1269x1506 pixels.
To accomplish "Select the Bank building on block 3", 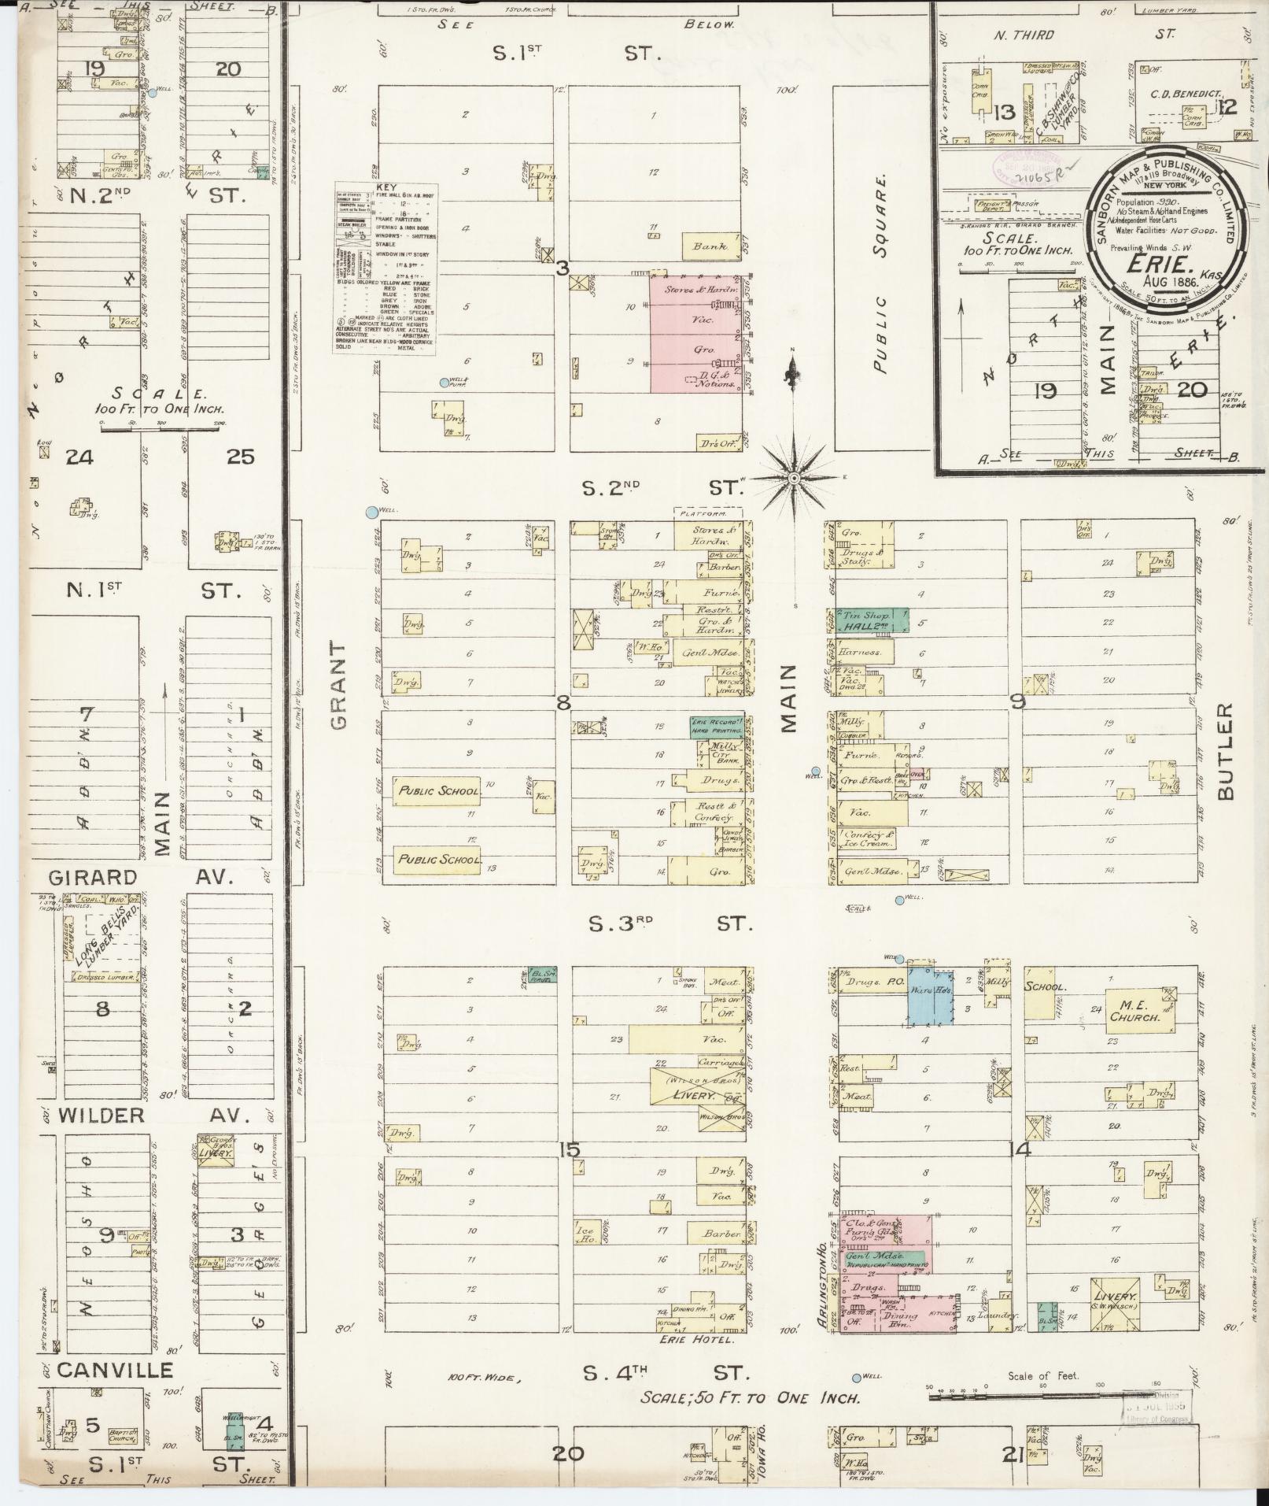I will point(710,246).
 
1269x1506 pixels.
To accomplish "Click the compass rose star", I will point(794,477).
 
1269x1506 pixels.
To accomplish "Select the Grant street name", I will point(338,684).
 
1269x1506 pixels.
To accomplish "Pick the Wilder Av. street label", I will point(149,1115).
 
